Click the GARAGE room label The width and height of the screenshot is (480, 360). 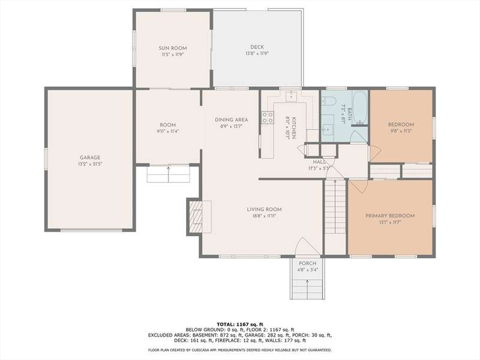pyautogui.click(x=90, y=158)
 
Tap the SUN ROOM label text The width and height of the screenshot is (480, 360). pyautogui.click(x=173, y=48)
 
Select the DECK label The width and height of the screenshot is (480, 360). pyautogui.click(x=257, y=47)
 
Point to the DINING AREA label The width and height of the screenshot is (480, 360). pyautogui.click(x=232, y=119)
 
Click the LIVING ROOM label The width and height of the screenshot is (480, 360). pyautogui.click(x=264, y=209)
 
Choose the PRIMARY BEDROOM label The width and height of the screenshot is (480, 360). pyautogui.click(x=390, y=215)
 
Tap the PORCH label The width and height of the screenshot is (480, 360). pyautogui.click(x=307, y=263)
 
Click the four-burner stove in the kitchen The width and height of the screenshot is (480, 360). pyautogui.click(x=268, y=118)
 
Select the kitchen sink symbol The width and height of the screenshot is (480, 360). pyautogui.click(x=291, y=96)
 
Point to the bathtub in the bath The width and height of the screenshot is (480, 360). pyautogui.click(x=359, y=107)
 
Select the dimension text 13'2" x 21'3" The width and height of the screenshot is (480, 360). pyautogui.click(x=90, y=164)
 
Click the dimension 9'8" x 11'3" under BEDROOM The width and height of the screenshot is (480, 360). pyautogui.click(x=401, y=131)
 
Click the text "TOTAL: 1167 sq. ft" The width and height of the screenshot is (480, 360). pyautogui.click(x=240, y=324)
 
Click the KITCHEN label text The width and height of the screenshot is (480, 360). pyautogui.click(x=294, y=128)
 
